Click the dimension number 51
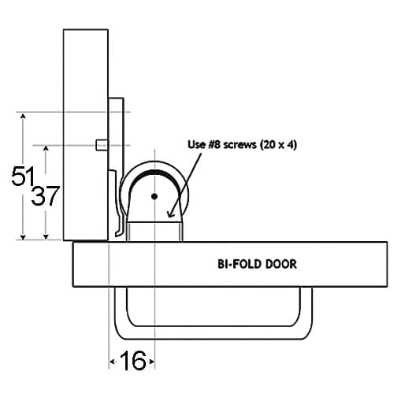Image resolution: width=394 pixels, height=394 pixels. (23, 176)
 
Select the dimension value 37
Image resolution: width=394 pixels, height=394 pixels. (45, 195)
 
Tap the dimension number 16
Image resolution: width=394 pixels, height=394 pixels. (133, 361)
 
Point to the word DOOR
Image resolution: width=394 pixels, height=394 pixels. (281, 264)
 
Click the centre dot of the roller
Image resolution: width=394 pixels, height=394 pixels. (154, 196)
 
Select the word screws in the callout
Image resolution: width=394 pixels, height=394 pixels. (240, 145)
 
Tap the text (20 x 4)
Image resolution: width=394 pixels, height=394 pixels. (278, 145)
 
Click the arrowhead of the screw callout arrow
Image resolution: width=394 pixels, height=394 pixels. (171, 214)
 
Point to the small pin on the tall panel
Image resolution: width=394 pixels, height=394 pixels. (102, 145)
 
